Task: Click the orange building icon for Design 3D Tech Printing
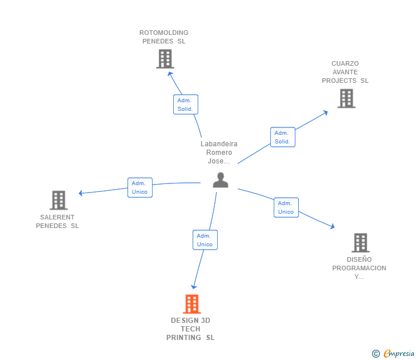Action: tap(192, 304)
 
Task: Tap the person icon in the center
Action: tap(220, 179)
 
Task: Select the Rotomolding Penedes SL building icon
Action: tap(165, 59)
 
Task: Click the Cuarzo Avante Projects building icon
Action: tap(346, 98)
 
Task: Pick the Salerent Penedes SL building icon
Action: tap(58, 200)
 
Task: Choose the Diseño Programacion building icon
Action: tap(360, 243)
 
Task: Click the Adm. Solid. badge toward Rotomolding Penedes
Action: tap(185, 105)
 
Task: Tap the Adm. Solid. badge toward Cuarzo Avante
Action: tap(282, 137)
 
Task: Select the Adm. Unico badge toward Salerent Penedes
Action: tap(139, 187)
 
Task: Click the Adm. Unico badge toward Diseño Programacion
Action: tap(286, 207)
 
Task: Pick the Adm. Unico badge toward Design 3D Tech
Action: tap(205, 240)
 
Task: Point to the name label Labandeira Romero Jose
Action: tap(219, 153)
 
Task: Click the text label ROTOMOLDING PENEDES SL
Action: tap(164, 37)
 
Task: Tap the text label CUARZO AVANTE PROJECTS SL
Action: tap(345, 72)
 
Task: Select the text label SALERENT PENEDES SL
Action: tap(57, 221)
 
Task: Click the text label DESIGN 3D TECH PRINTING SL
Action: tap(190, 329)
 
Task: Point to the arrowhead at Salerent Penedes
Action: tap(81, 193)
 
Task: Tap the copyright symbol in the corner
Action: tap(375, 354)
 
